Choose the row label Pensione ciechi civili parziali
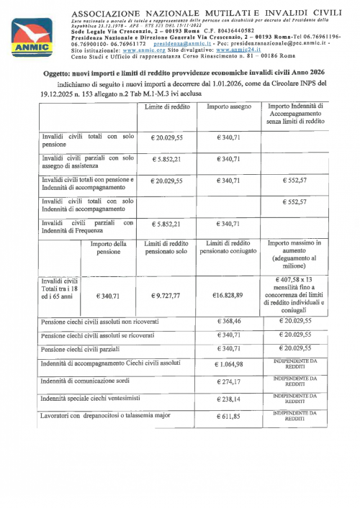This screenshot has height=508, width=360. tap(84, 348)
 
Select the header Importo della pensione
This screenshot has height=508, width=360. tap(109, 248)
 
